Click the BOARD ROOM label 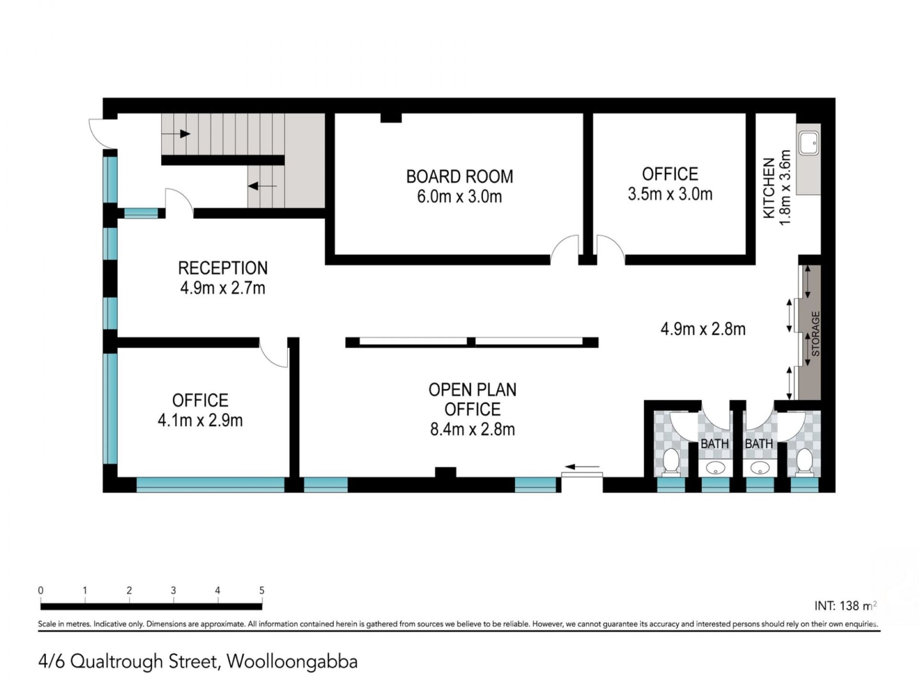tap(459, 177)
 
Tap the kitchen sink tap(809, 142)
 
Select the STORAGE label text tap(816, 333)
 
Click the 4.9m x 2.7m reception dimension tap(223, 288)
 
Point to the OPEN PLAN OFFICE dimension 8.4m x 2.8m tap(472, 429)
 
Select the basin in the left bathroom tap(715, 468)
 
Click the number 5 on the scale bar tap(262, 590)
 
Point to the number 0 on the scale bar tap(41, 590)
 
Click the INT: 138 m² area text tap(846, 606)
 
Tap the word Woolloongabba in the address tap(292, 662)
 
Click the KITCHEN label tap(769, 188)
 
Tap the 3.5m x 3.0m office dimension tap(670, 194)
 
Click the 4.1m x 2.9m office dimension tap(200, 420)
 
